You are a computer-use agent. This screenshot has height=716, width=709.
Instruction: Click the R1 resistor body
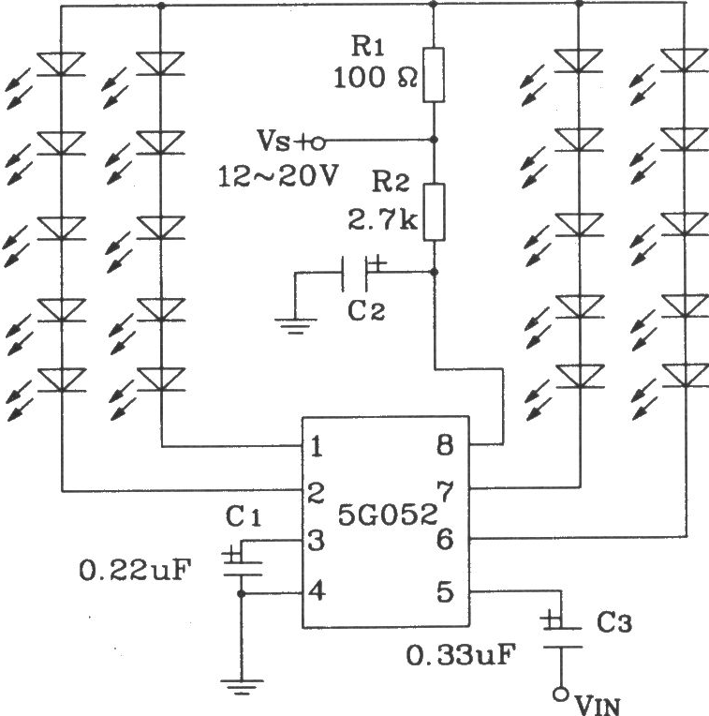click(x=434, y=74)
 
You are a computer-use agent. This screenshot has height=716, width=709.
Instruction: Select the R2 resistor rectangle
click(x=434, y=212)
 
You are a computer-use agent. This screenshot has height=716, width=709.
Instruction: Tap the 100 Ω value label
click(x=376, y=78)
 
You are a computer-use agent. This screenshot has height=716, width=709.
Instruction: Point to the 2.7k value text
click(x=382, y=220)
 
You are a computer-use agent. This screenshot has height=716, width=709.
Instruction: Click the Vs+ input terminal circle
click(x=318, y=143)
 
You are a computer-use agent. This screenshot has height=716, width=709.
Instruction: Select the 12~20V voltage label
click(x=278, y=176)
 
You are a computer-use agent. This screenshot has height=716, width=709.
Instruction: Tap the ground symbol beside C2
click(x=296, y=325)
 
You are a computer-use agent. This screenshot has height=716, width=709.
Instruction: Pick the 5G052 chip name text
click(x=388, y=515)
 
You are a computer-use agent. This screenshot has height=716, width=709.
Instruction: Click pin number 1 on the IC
click(x=317, y=447)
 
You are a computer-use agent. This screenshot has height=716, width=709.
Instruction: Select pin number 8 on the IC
click(x=445, y=445)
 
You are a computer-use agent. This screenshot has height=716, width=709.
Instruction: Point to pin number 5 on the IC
click(x=445, y=591)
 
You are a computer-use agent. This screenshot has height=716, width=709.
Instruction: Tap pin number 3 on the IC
click(x=317, y=540)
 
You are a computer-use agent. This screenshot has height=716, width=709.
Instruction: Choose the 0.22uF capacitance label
click(x=135, y=570)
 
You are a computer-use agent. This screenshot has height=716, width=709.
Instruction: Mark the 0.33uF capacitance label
click(x=461, y=655)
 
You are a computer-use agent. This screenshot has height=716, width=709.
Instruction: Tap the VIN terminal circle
click(x=561, y=694)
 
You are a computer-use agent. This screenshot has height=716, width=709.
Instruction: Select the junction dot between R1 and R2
click(x=434, y=139)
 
